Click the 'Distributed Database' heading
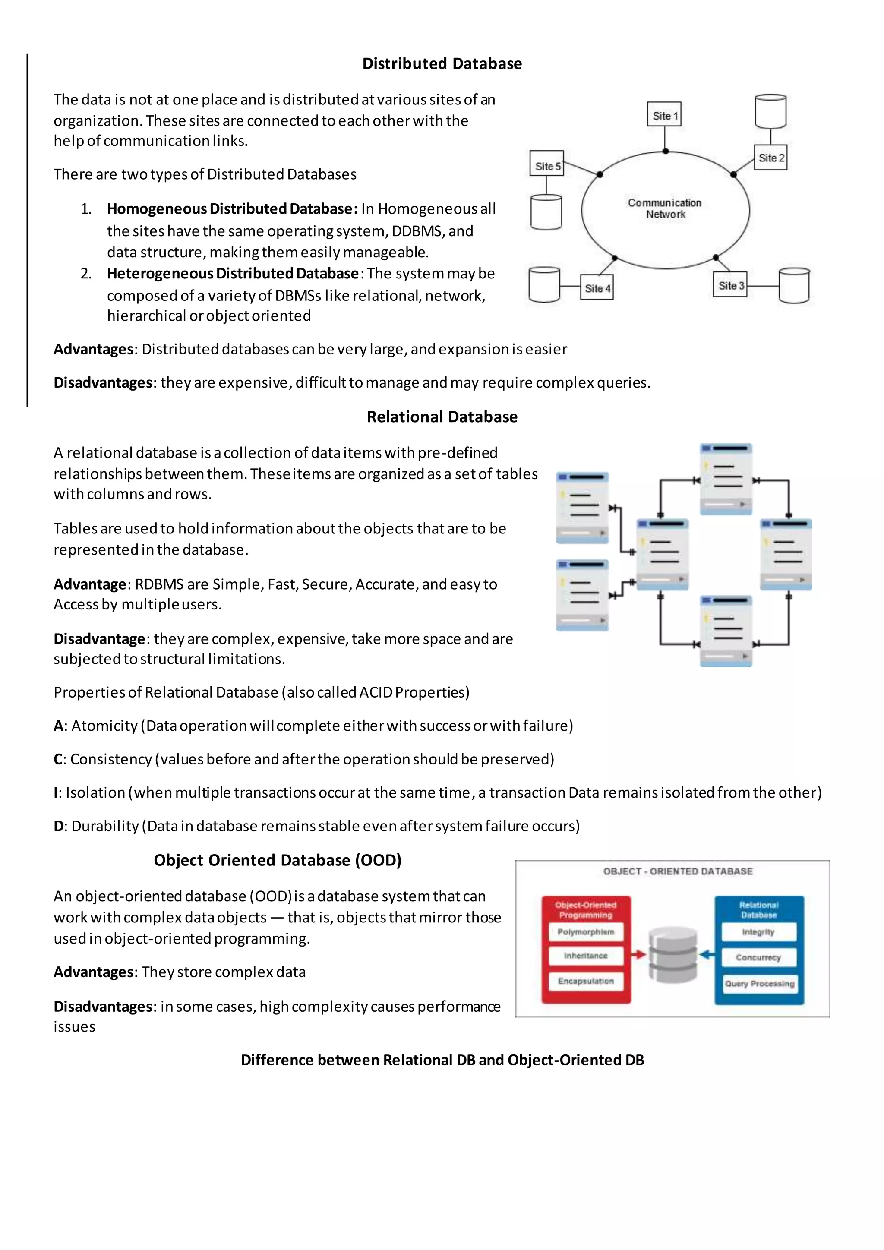442,64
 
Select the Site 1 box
664,114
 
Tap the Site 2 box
770,158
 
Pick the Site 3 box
729,285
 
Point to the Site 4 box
597,288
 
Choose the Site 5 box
546,165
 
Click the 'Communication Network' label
665,208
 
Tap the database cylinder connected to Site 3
794,285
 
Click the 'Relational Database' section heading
442,417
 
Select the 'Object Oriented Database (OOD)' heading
278,860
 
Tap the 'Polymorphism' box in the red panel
586,932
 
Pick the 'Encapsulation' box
586,981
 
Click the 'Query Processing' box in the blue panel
759,983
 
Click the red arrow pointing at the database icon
638,954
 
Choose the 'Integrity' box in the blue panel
758,932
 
